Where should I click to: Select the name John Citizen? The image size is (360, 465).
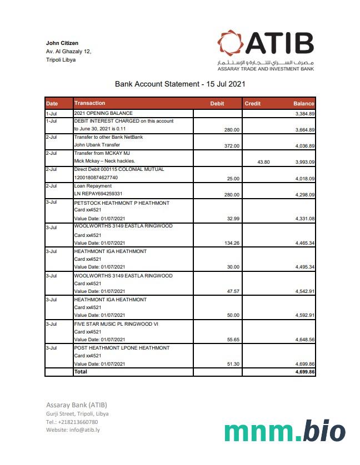(62, 43)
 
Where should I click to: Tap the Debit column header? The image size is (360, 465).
(217, 104)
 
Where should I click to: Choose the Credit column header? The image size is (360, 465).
(253, 104)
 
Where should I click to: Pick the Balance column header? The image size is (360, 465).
(304, 104)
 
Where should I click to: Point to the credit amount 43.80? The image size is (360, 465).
(263, 162)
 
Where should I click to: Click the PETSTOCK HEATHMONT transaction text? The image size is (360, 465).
(122, 203)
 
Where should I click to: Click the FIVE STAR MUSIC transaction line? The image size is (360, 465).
(116, 324)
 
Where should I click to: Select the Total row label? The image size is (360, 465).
(81, 372)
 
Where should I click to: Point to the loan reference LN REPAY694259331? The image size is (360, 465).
(98, 194)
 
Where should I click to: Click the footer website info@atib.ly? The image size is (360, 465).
(73, 429)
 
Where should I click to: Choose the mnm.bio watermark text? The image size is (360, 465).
(284, 431)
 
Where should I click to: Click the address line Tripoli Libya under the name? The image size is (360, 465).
(61, 59)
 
